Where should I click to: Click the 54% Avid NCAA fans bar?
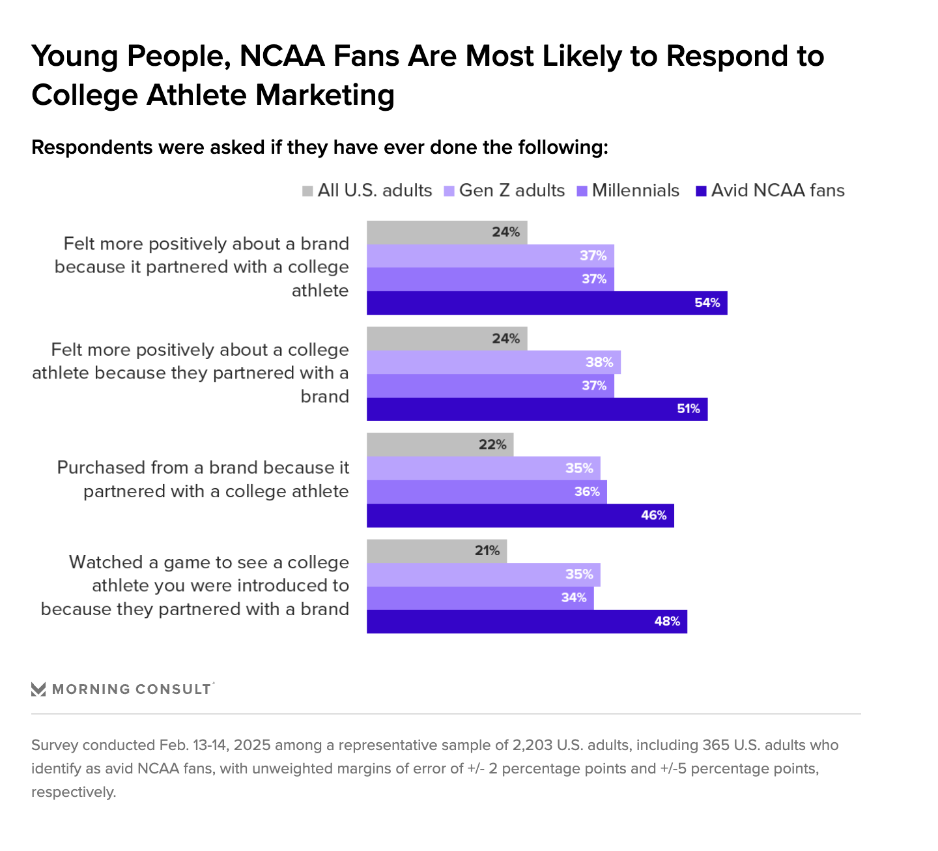pyautogui.click(x=547, y=303)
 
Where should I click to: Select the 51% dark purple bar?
pyautogui.click(x=537, y=409)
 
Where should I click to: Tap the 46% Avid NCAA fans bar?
pyautogui.click(x=520, y=515)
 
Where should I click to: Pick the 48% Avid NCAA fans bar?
pyautogui.click(x=526, y=622)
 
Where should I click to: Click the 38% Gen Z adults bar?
pyautogui.click(x=493, y=362)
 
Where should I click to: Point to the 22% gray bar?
pyautogui.click(x=440, y=444)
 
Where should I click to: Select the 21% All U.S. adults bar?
pyautogui.click(x=436, y=551)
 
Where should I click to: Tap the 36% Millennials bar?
pyautogui.click(x=487, y=492)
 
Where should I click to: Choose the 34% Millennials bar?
pyautogui.click(x=480, y=598)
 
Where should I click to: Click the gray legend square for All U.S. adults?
pyautogui.click(x=307, y=191)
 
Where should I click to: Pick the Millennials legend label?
pyautogui.click(x=635, y=190)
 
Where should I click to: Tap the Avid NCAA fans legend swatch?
pyautogui.click(x=701, y=191)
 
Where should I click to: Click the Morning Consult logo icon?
pyautogui.click(x=38, y=689)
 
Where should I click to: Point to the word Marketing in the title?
pyautogui.click(x=324, y=95)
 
